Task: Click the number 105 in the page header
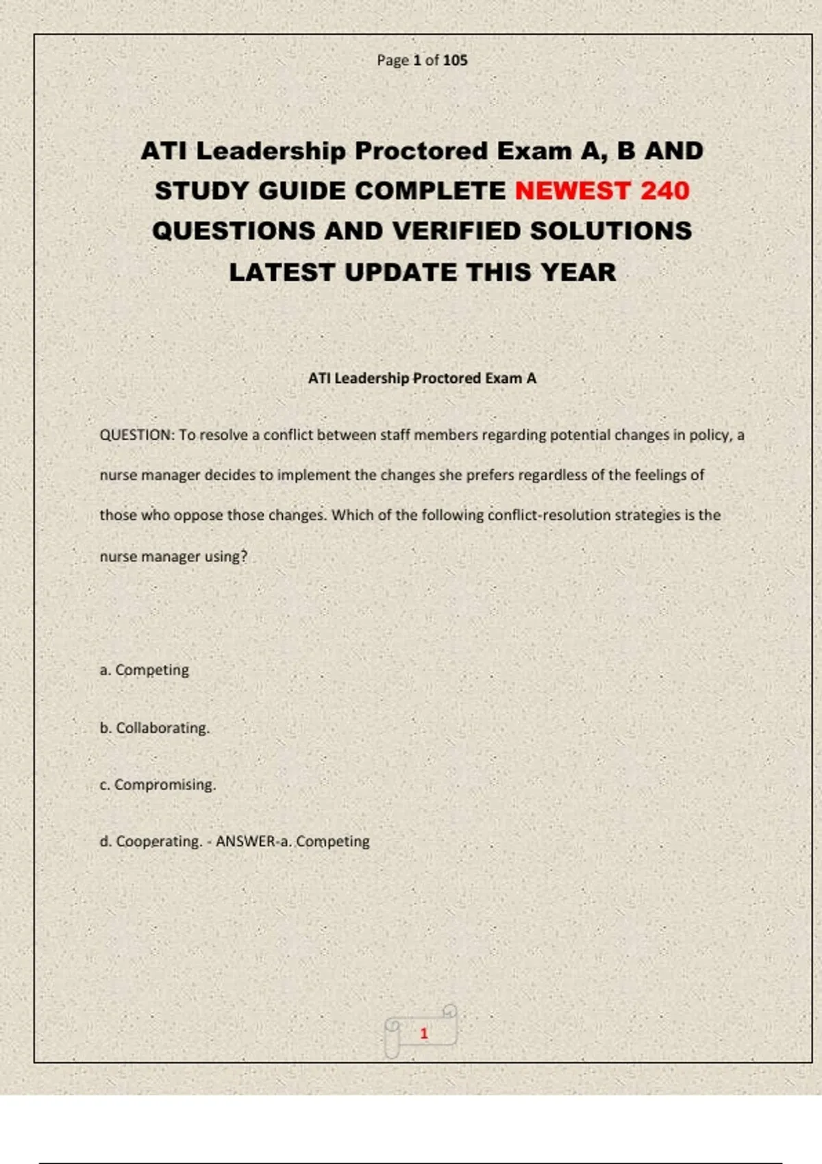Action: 455,60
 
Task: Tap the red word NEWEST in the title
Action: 572,190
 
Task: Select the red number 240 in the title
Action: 664,190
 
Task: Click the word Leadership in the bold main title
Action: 271,151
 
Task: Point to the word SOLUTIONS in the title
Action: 610,231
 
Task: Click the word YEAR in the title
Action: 578,272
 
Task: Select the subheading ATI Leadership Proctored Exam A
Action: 422,378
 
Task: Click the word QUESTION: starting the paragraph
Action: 137,435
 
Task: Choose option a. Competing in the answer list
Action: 145,670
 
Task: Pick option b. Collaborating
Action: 155,728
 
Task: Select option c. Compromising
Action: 158,785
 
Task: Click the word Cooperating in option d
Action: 159,841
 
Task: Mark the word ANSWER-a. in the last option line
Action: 253,841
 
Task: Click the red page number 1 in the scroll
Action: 424,1033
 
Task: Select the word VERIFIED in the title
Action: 457,231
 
